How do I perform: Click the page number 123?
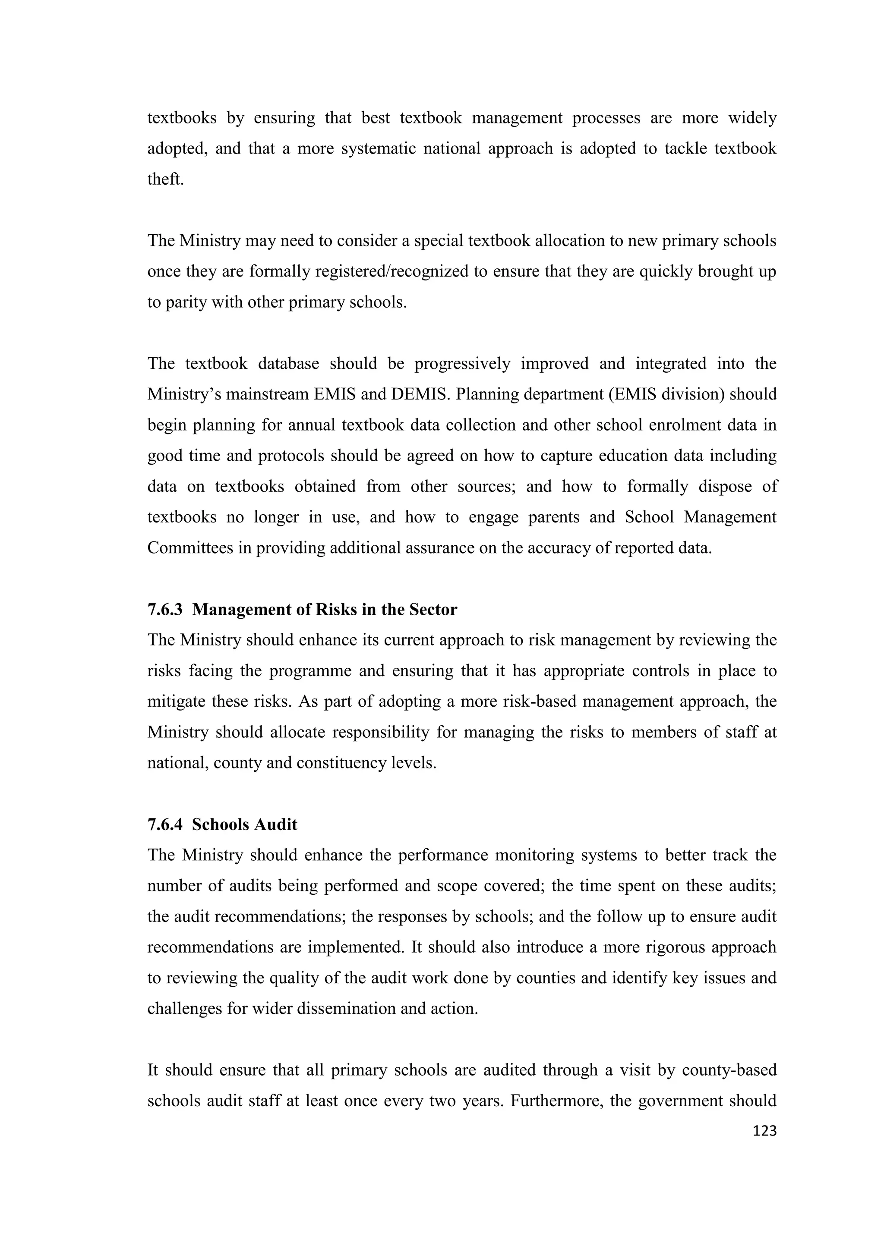coord(764,1131)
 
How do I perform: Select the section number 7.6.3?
coord(164,610)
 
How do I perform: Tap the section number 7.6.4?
coord(164,825)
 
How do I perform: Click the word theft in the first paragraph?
coord(165,179)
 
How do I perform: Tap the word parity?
coord(183,302)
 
